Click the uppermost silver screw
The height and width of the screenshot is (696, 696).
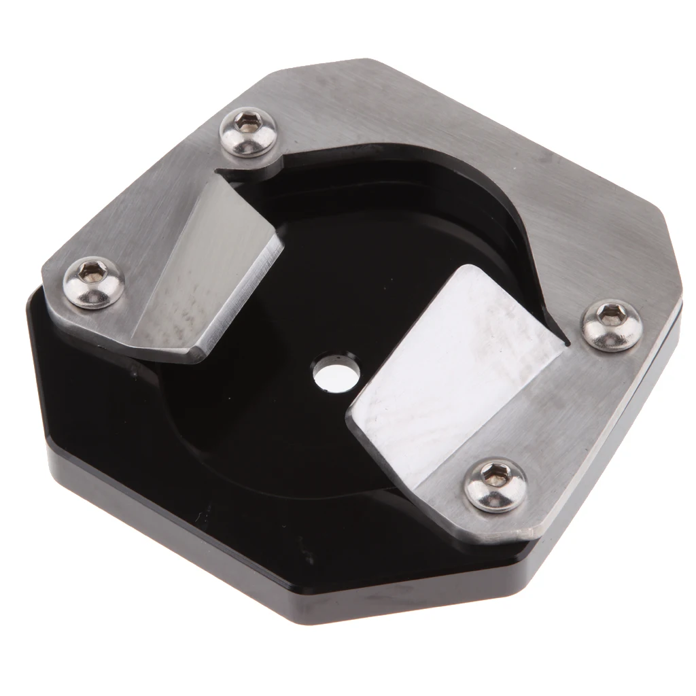pos(248,132)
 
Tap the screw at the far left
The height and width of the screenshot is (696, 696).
pos(94,281)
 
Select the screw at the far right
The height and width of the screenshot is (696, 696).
pos(612,325)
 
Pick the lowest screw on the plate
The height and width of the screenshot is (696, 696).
pos(495,484)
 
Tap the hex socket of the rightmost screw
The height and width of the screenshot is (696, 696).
pos(610,314)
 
